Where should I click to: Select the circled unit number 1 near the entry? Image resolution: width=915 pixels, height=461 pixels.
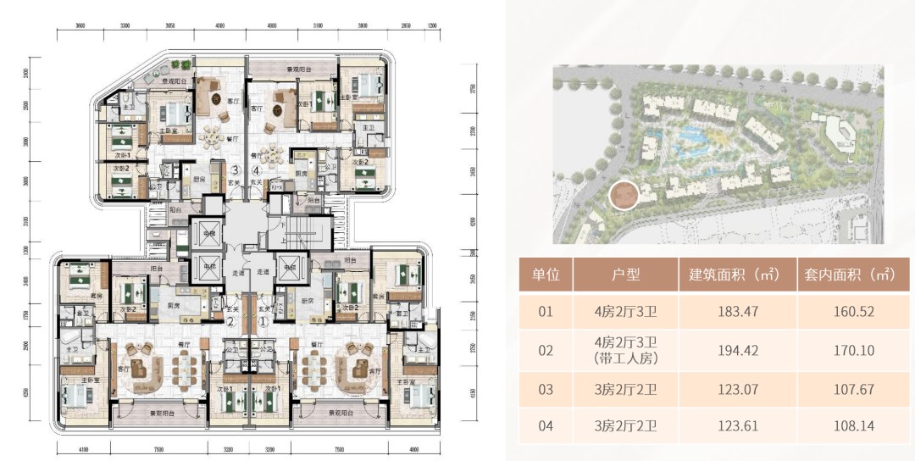point(263,321)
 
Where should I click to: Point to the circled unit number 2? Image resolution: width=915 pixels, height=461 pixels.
point(230,321)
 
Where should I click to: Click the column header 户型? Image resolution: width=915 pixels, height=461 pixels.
point(625,275)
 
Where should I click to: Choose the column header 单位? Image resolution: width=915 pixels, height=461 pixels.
point(546,275)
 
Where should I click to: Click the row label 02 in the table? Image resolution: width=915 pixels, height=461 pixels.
point(546,350)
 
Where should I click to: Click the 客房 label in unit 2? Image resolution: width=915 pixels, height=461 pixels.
point(69,296)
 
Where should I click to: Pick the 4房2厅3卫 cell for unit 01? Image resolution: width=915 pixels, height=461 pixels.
point(625,311)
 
